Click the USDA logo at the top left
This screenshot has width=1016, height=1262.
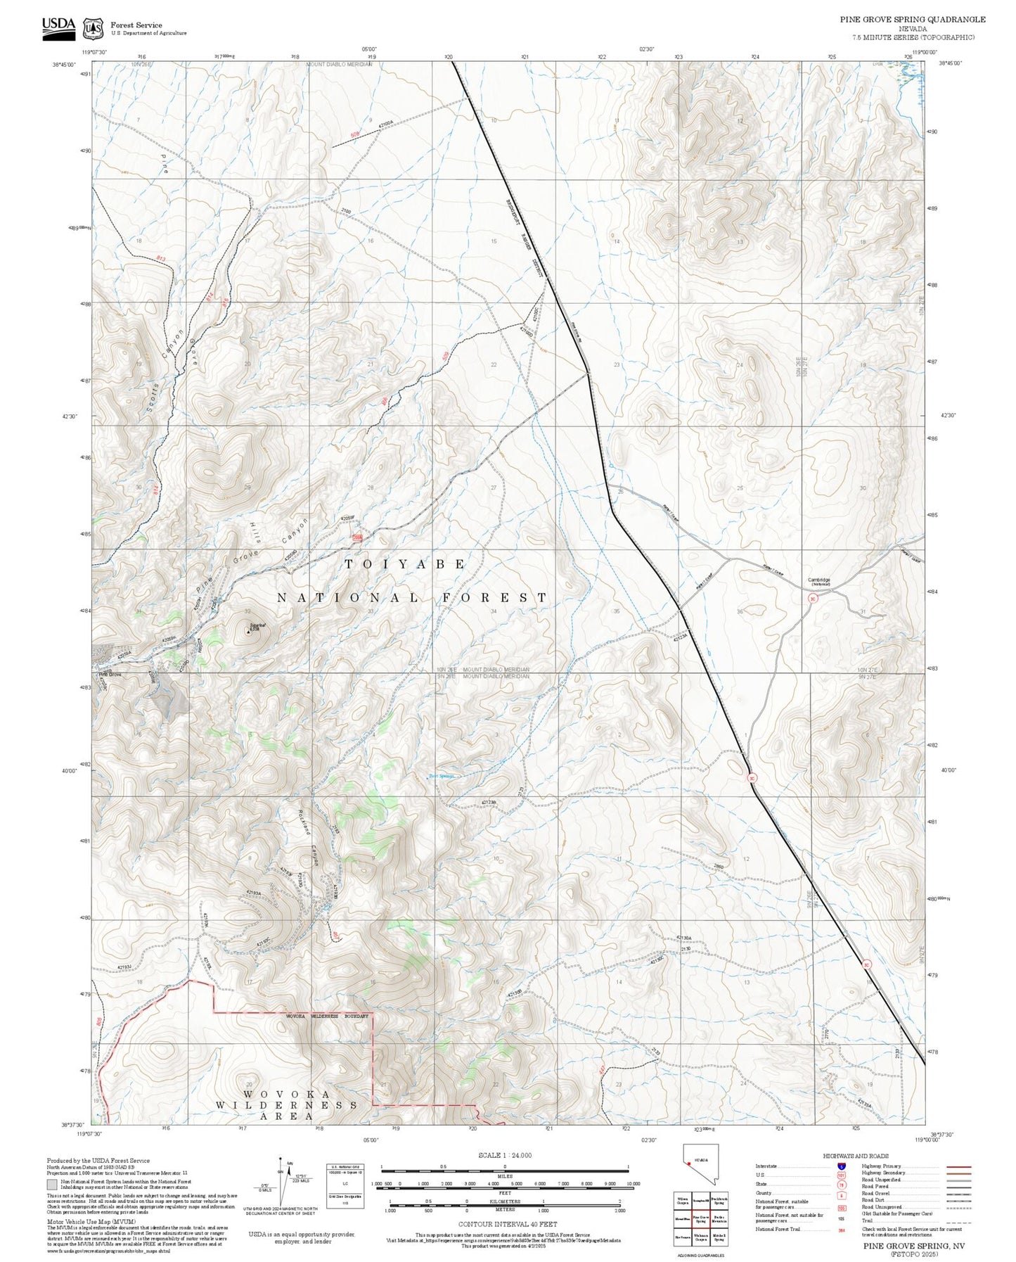pyautogui.click(x=58, y=26)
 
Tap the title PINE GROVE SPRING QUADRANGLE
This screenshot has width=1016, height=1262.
pyautogui.click(x=912, y=20)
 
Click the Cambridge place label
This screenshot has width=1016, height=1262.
pyautogui.click(x=818, y=580)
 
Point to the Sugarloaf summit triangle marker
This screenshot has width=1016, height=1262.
pyautogui.click(x=248, y=632)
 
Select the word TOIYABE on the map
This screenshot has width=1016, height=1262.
pyautogui.click(x=405, y=564)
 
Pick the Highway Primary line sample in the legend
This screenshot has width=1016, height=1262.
pyautogui.click(x=958, y=1166)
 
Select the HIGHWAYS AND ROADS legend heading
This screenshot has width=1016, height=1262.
pyautogui.click(x=855, y=1156)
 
